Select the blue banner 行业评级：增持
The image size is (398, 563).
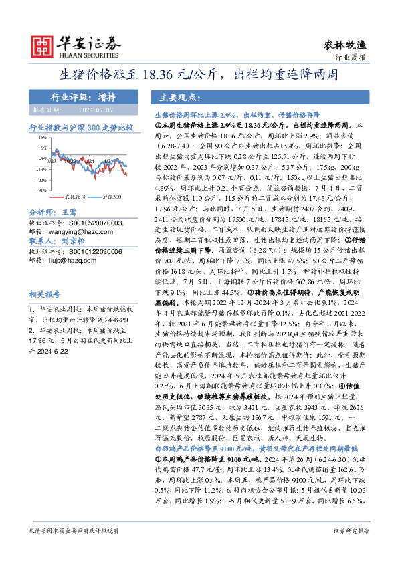[x=75, y=96]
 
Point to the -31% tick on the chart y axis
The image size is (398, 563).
[x=41, y=190]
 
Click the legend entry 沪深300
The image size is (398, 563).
[x=111, y=198]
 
